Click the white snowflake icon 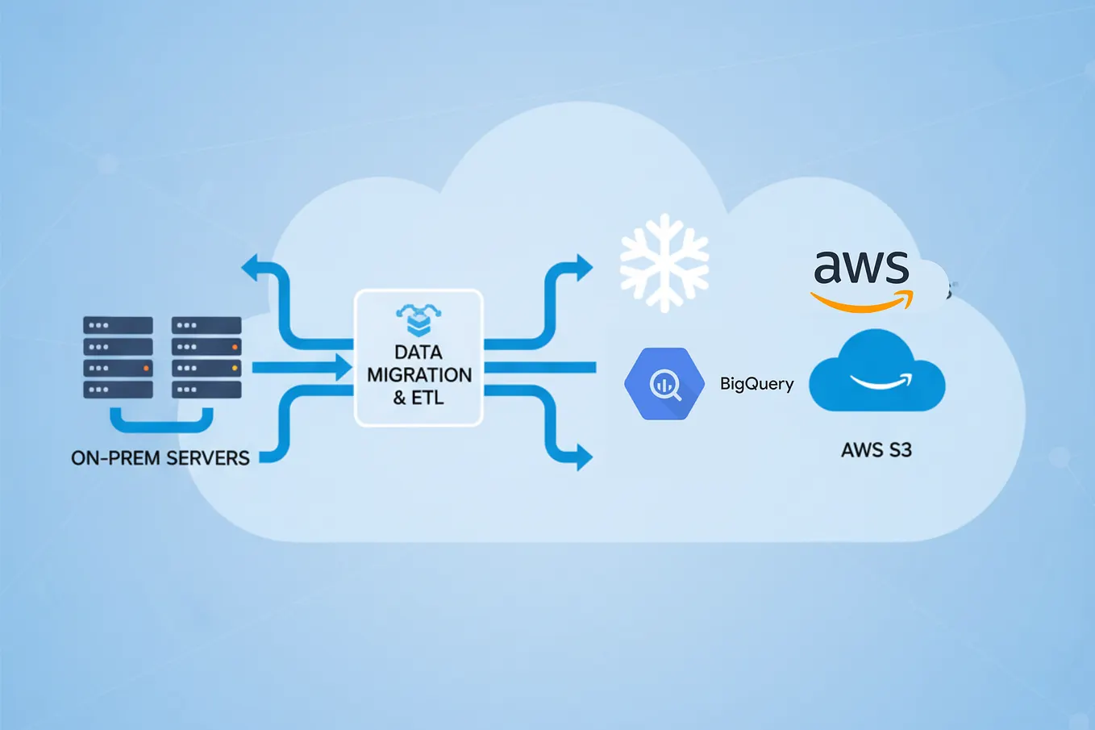tap(664, 263)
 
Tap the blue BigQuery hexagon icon tap(664, 384)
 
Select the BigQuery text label tap(756, 384)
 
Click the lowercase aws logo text tap(861, 267)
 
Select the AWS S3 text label tap(876, 450)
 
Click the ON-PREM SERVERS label tap(160, 458)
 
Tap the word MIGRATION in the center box tap(419, 375)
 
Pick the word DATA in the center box tap(418, 352)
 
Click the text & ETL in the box tap(418, 398)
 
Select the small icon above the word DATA tap(418, 319)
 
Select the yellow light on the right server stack tap(235, 368)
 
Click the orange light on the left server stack tap(146, 368)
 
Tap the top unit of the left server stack tap(118, 326)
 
